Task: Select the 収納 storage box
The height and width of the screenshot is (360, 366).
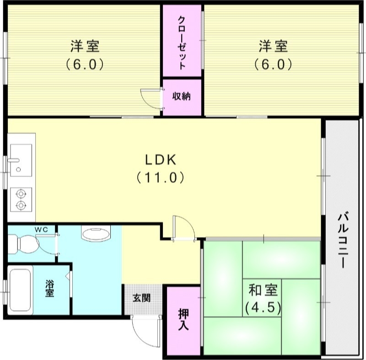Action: pyautogui.click(x=182, y=97)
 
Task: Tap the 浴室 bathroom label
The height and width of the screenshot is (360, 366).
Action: pyautogui.click(x=49, y=289)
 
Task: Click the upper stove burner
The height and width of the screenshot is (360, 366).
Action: pyautogui.click(x=21, y=194)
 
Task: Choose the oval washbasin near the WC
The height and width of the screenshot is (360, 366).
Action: pyautogui.click(x=96, y=234)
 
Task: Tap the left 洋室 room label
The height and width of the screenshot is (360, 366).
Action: pyautogui.click(x=85, y=47)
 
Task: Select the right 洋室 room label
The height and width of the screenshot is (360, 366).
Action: pyautogui.click(x=273, y=47)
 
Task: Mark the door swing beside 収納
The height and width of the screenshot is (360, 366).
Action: pyautogui.click(x=150, y=97)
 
